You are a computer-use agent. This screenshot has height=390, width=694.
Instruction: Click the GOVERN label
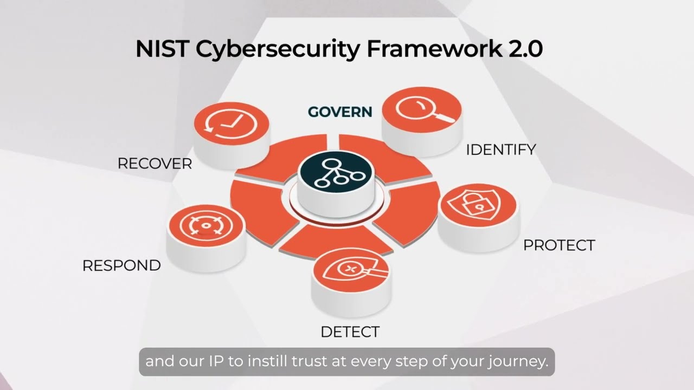click(340, 112)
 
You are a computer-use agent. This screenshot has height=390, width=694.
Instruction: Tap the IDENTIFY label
click(501, 150)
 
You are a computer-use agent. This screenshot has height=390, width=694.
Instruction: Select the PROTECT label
click(558, 245)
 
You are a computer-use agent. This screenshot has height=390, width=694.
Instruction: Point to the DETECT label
click(350, 332)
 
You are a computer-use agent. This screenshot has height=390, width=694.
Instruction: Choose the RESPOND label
click(121, 265)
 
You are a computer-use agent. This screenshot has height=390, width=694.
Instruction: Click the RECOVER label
click(155, 164)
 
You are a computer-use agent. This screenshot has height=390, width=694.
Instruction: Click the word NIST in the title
click(162, 49)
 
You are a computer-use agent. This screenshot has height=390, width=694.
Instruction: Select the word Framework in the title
click(434, 49)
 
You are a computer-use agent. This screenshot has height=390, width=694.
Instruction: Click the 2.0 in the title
click(525, 49)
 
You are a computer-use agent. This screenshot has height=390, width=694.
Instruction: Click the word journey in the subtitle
click(519, 362)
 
